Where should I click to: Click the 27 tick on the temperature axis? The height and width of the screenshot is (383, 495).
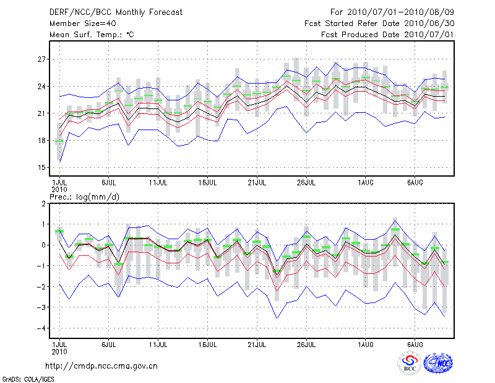(41, 59)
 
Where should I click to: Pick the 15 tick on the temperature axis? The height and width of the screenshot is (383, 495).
(41, 167)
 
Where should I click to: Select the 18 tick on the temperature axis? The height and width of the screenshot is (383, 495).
(41, 141)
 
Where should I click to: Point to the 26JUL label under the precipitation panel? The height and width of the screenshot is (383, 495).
(307, 343)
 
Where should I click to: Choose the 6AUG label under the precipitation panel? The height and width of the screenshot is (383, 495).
(415, 343)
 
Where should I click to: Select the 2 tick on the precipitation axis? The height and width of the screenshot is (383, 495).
(44, 204)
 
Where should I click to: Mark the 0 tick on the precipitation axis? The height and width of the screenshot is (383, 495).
(44, 245)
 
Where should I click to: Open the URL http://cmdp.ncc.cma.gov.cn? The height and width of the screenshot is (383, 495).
(101, 366)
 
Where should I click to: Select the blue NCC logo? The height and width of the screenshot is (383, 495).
(437, 363)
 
